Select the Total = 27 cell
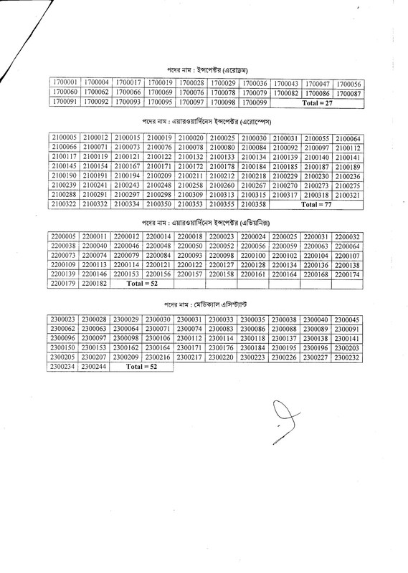click(x=318, y=103)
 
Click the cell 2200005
click(x=63, y=236)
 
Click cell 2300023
click(x=63, y=319)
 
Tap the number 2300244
click(x=95, y=367)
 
